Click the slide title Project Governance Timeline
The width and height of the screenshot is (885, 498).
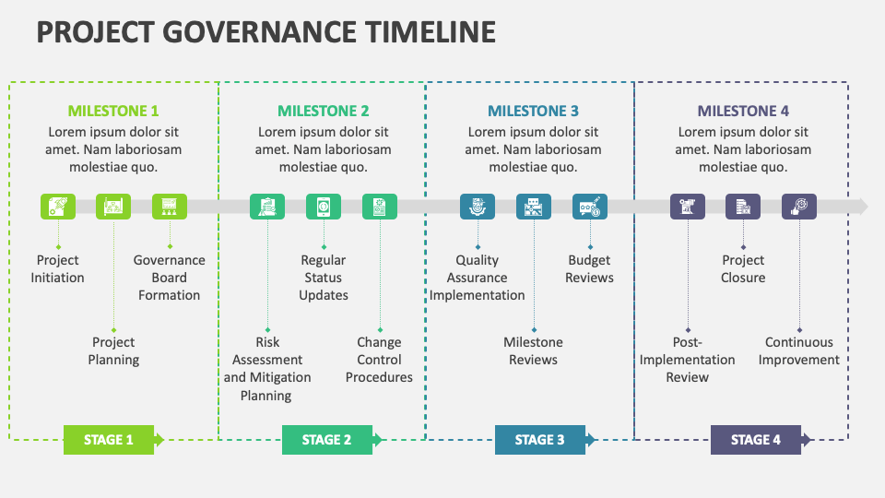(265, 32)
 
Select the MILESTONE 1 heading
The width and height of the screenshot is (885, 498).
(113, 111)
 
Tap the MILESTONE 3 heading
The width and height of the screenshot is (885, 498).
(533, 111)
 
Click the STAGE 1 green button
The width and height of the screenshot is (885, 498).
(109, 440)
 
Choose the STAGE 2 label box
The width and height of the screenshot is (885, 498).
(327, 440)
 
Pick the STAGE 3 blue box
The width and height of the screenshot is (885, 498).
(539, 440)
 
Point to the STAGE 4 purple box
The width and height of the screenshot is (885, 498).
(755, 440)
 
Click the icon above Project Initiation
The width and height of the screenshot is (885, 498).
(58, 207)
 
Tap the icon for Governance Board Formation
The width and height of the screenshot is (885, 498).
(170, 207)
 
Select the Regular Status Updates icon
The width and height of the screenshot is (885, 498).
(324, 207)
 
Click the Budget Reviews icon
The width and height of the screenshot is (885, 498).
(590, 207)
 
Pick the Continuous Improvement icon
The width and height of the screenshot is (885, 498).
(799, 207)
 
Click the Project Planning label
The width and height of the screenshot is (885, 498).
(113, 351)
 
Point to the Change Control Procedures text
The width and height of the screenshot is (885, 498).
(379, 360)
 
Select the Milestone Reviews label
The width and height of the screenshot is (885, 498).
(533, 351)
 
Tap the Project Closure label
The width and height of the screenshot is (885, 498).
(743, 269)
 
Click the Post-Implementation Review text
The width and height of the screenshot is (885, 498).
(688, 360)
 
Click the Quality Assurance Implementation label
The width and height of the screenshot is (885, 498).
(478, 278)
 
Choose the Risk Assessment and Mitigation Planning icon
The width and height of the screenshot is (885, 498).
(267, 207)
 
